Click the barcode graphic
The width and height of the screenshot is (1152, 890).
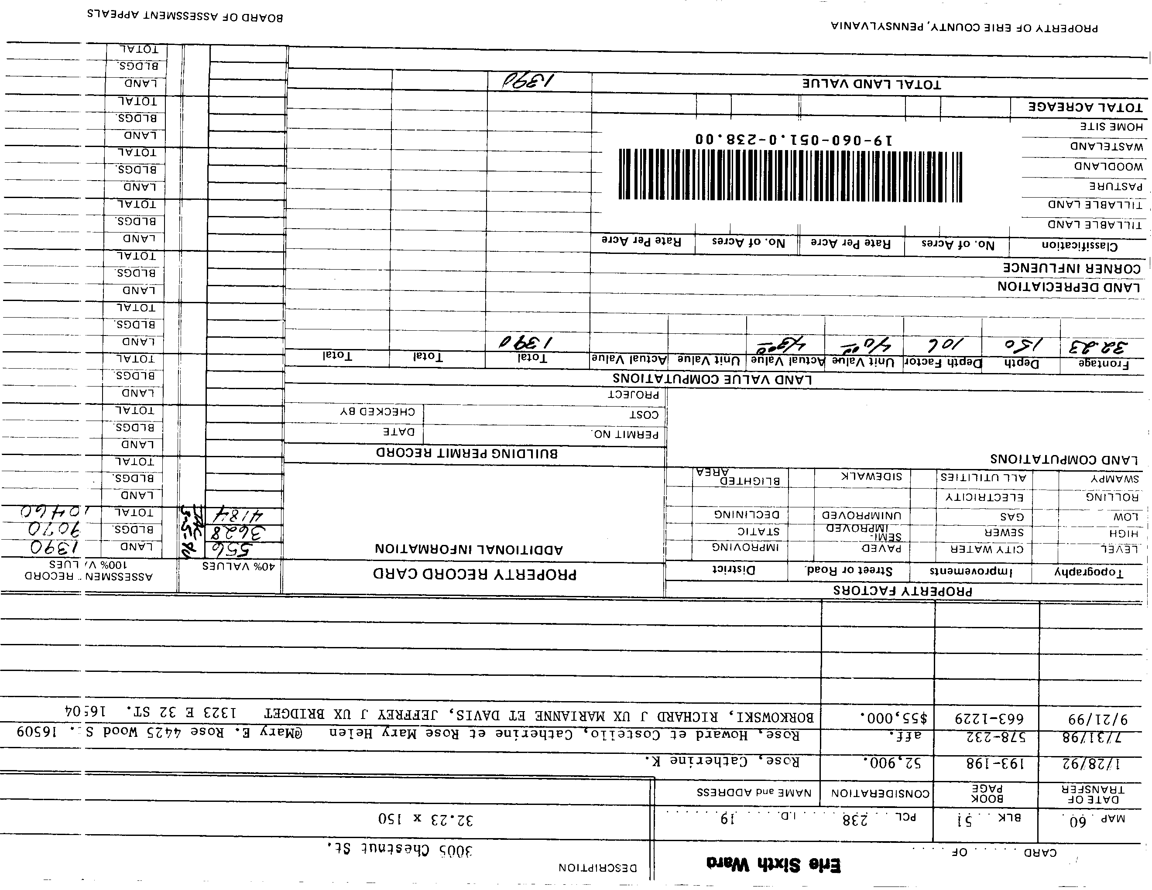point(790,175)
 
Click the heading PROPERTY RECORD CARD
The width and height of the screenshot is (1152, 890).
point(475,574)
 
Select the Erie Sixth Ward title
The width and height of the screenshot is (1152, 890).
point(773,865)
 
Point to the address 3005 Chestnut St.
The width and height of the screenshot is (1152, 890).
point(399,850)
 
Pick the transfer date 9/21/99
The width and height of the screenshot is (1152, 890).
point(1090,719)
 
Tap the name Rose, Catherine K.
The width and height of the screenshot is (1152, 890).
point(722,761)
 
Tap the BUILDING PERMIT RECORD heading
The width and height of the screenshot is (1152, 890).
point(467,453)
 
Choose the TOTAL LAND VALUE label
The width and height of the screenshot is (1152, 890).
point(871,84)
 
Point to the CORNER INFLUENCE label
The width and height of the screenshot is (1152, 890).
point(1072,268)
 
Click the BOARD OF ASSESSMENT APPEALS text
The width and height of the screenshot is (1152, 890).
point(185,16)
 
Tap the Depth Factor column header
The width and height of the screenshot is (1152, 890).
point(943,363)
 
